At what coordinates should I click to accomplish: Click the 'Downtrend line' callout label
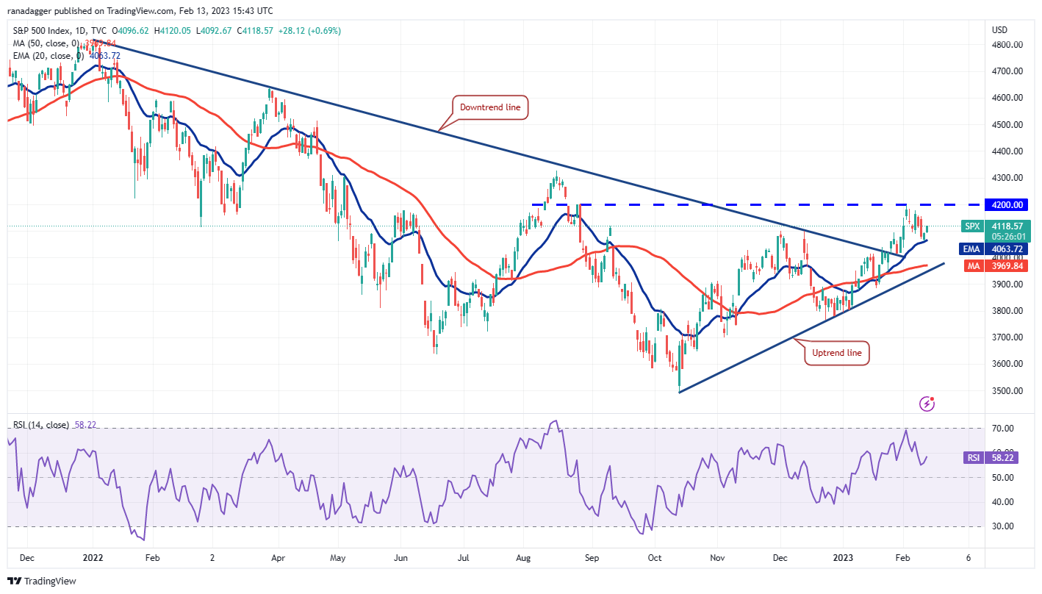click(x=490, y=107)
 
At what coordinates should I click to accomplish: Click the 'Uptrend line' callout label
click(x=837, y=353)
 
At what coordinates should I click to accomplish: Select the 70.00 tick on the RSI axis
click(x=1003, y=428)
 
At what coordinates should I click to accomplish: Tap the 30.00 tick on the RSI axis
click(x=1003, y=526)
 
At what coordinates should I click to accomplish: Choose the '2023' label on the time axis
click(x=842, y=557)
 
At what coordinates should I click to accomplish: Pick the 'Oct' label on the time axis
click(x=655, y=557)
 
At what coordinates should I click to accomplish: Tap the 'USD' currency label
click(x=999, y=30)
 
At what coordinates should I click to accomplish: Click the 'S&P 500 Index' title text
click(x=40, y=31)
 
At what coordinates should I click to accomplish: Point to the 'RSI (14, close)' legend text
click(x=40, y=425)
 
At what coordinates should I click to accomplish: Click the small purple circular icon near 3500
click(x=927, y=404)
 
